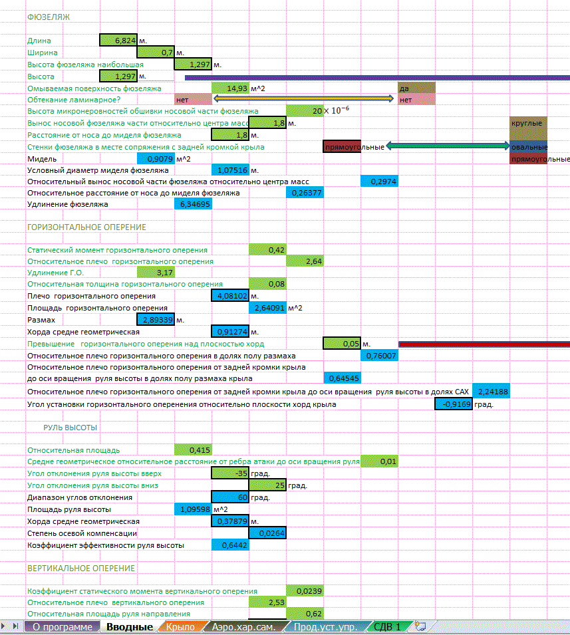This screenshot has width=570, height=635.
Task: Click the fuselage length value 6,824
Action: [x=118, y=41]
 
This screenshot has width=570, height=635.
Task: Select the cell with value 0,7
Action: [x=156, y=52]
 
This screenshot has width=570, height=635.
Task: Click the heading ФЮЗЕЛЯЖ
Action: [x=48, y=16]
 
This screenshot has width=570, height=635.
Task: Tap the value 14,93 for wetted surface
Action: [x=230, y=88]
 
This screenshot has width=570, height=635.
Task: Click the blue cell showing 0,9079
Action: [x=156, y=159]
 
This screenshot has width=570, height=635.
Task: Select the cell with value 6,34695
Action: [x=193, y=204]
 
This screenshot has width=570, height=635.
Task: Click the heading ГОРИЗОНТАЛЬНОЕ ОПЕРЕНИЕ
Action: [x=86, y=227]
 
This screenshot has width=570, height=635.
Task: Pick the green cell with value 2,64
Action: [x=305, y=261]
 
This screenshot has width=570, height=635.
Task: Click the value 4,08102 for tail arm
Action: [x=229, y=296]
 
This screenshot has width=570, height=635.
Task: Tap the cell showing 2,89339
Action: [x=156, y=320]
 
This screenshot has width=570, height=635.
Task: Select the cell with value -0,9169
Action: [x=454, y=404]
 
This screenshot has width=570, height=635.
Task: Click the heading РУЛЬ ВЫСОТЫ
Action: [x=71, y=428]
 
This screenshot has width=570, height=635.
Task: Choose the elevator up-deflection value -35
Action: [x=230, y=473]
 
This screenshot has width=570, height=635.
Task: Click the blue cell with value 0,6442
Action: [x=230, y=545]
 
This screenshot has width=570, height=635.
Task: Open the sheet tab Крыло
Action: [x=181, y=626]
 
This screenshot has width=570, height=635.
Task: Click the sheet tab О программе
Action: [x=63, y=626]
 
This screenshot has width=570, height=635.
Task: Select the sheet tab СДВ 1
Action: [x=387, y=626]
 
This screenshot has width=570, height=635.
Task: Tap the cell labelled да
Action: [x=416, y=88]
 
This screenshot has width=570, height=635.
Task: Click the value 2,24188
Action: [x=492, y=392]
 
